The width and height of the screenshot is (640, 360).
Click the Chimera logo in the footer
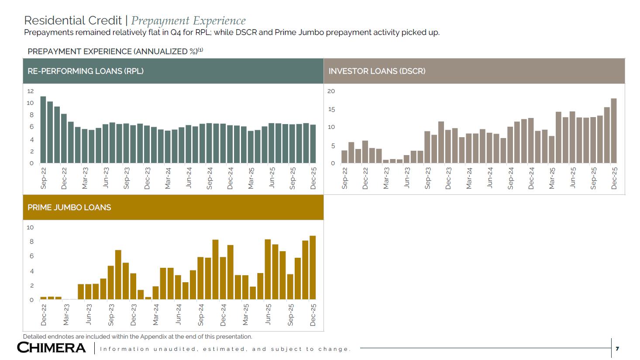click(x=52, y=348)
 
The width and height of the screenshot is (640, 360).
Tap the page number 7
click(x=617, y=349)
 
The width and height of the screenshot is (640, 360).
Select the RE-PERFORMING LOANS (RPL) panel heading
click(x=86, y=71)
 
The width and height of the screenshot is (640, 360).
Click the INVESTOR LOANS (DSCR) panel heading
click(x=377, y=71)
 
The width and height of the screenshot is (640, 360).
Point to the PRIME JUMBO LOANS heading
click(x=69, y=208)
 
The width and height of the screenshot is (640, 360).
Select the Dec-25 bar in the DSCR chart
click(x=614, y=131)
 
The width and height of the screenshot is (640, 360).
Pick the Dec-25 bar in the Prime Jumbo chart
click(x=313, y=267)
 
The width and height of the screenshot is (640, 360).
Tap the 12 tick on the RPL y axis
click(x=30, y=91)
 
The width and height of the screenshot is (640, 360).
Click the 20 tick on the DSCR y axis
click(x=331, y=91)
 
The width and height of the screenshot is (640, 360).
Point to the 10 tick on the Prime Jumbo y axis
click(x=30, y=227)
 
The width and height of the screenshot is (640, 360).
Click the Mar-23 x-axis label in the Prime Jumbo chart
click(x=66, y=315)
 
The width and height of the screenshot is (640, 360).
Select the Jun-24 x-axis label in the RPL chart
click(x=189, y=178)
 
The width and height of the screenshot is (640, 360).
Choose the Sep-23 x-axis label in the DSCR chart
click(x=428, y=178)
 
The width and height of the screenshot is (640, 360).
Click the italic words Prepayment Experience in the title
click(x=188, y=21)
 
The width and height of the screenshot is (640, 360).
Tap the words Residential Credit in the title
click(x=73, y=21)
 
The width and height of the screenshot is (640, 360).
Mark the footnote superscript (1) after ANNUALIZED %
click(x=200, y=50)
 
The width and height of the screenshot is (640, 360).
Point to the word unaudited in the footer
click(x=174, y=349)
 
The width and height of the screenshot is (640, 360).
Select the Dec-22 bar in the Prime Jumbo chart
click(x=43, y=298)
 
